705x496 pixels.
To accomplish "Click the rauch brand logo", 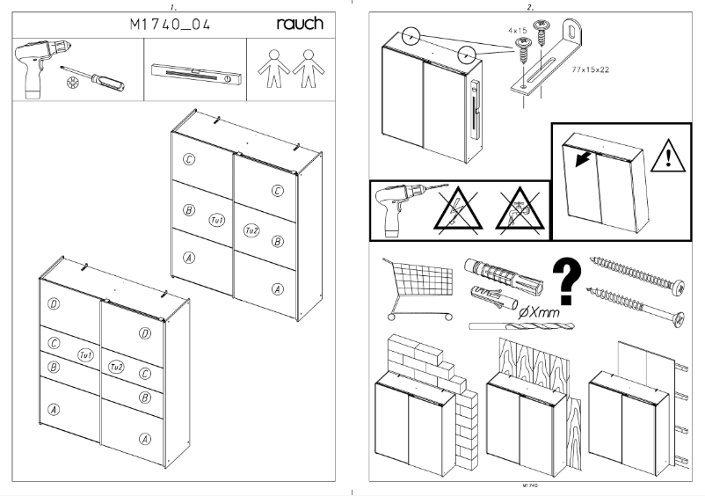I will point(300,25).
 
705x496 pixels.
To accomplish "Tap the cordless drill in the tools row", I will point(36,71).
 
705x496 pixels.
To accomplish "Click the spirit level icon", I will point(193,72).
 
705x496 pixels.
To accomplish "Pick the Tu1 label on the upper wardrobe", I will point(218,219).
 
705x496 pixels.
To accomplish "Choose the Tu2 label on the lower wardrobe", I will point(116,367).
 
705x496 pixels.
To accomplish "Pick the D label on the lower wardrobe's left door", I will point(54,304).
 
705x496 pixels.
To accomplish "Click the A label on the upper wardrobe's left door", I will point(188,258).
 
